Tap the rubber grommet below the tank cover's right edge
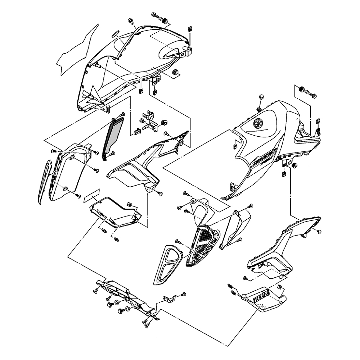pos(294,165)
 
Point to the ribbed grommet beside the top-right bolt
pos(301,89)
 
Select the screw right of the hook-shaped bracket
pos(183,294)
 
